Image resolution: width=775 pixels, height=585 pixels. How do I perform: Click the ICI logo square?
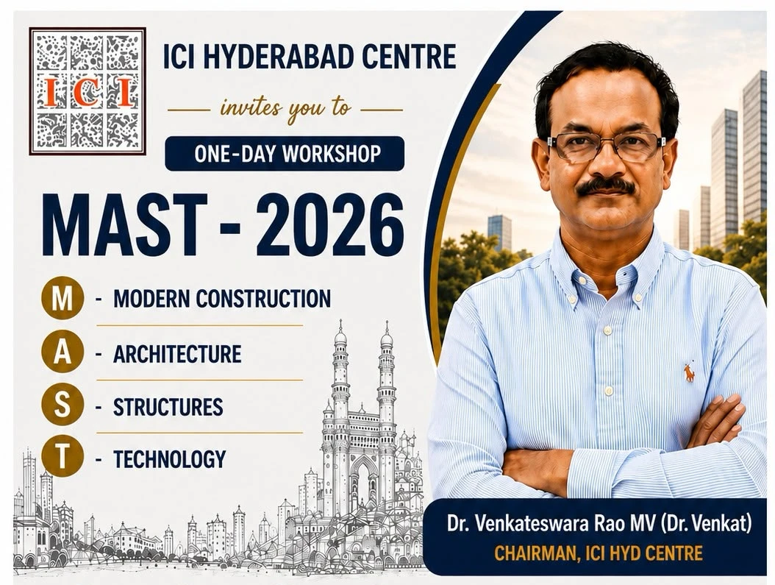tap(87, 91)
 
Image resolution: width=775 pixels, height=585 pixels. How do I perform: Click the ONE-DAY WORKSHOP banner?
tap(285, 154)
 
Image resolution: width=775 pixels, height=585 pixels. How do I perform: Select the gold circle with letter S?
tap(62, 405)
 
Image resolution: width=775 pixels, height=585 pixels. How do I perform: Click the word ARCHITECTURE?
tap(177, 353)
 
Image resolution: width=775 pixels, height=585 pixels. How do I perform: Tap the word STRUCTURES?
tap(168, 407)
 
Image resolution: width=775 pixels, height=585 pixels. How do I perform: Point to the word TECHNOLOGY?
tap(170, 459)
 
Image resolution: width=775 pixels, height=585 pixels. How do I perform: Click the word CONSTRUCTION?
tap(263, 299)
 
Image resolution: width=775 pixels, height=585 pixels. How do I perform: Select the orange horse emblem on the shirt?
tap(688, 371)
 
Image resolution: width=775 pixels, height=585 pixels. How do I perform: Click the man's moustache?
tap(606, 186)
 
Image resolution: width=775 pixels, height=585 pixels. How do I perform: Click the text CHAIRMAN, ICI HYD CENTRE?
tap(599, 553)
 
